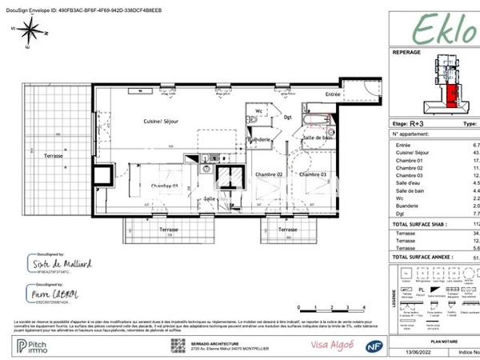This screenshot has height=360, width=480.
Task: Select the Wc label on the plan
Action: [x=259, y=111]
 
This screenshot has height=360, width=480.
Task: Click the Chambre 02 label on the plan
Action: [x=269, y=174]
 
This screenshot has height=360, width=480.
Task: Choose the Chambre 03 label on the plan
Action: [x=313, y=174]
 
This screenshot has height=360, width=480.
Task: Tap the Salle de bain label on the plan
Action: [x=317, y=138]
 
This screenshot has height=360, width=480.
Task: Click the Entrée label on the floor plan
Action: [x=332, y=95]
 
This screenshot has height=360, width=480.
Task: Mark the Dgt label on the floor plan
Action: [x=288, y=117]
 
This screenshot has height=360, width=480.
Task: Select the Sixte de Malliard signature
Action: [x=63, y=263]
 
